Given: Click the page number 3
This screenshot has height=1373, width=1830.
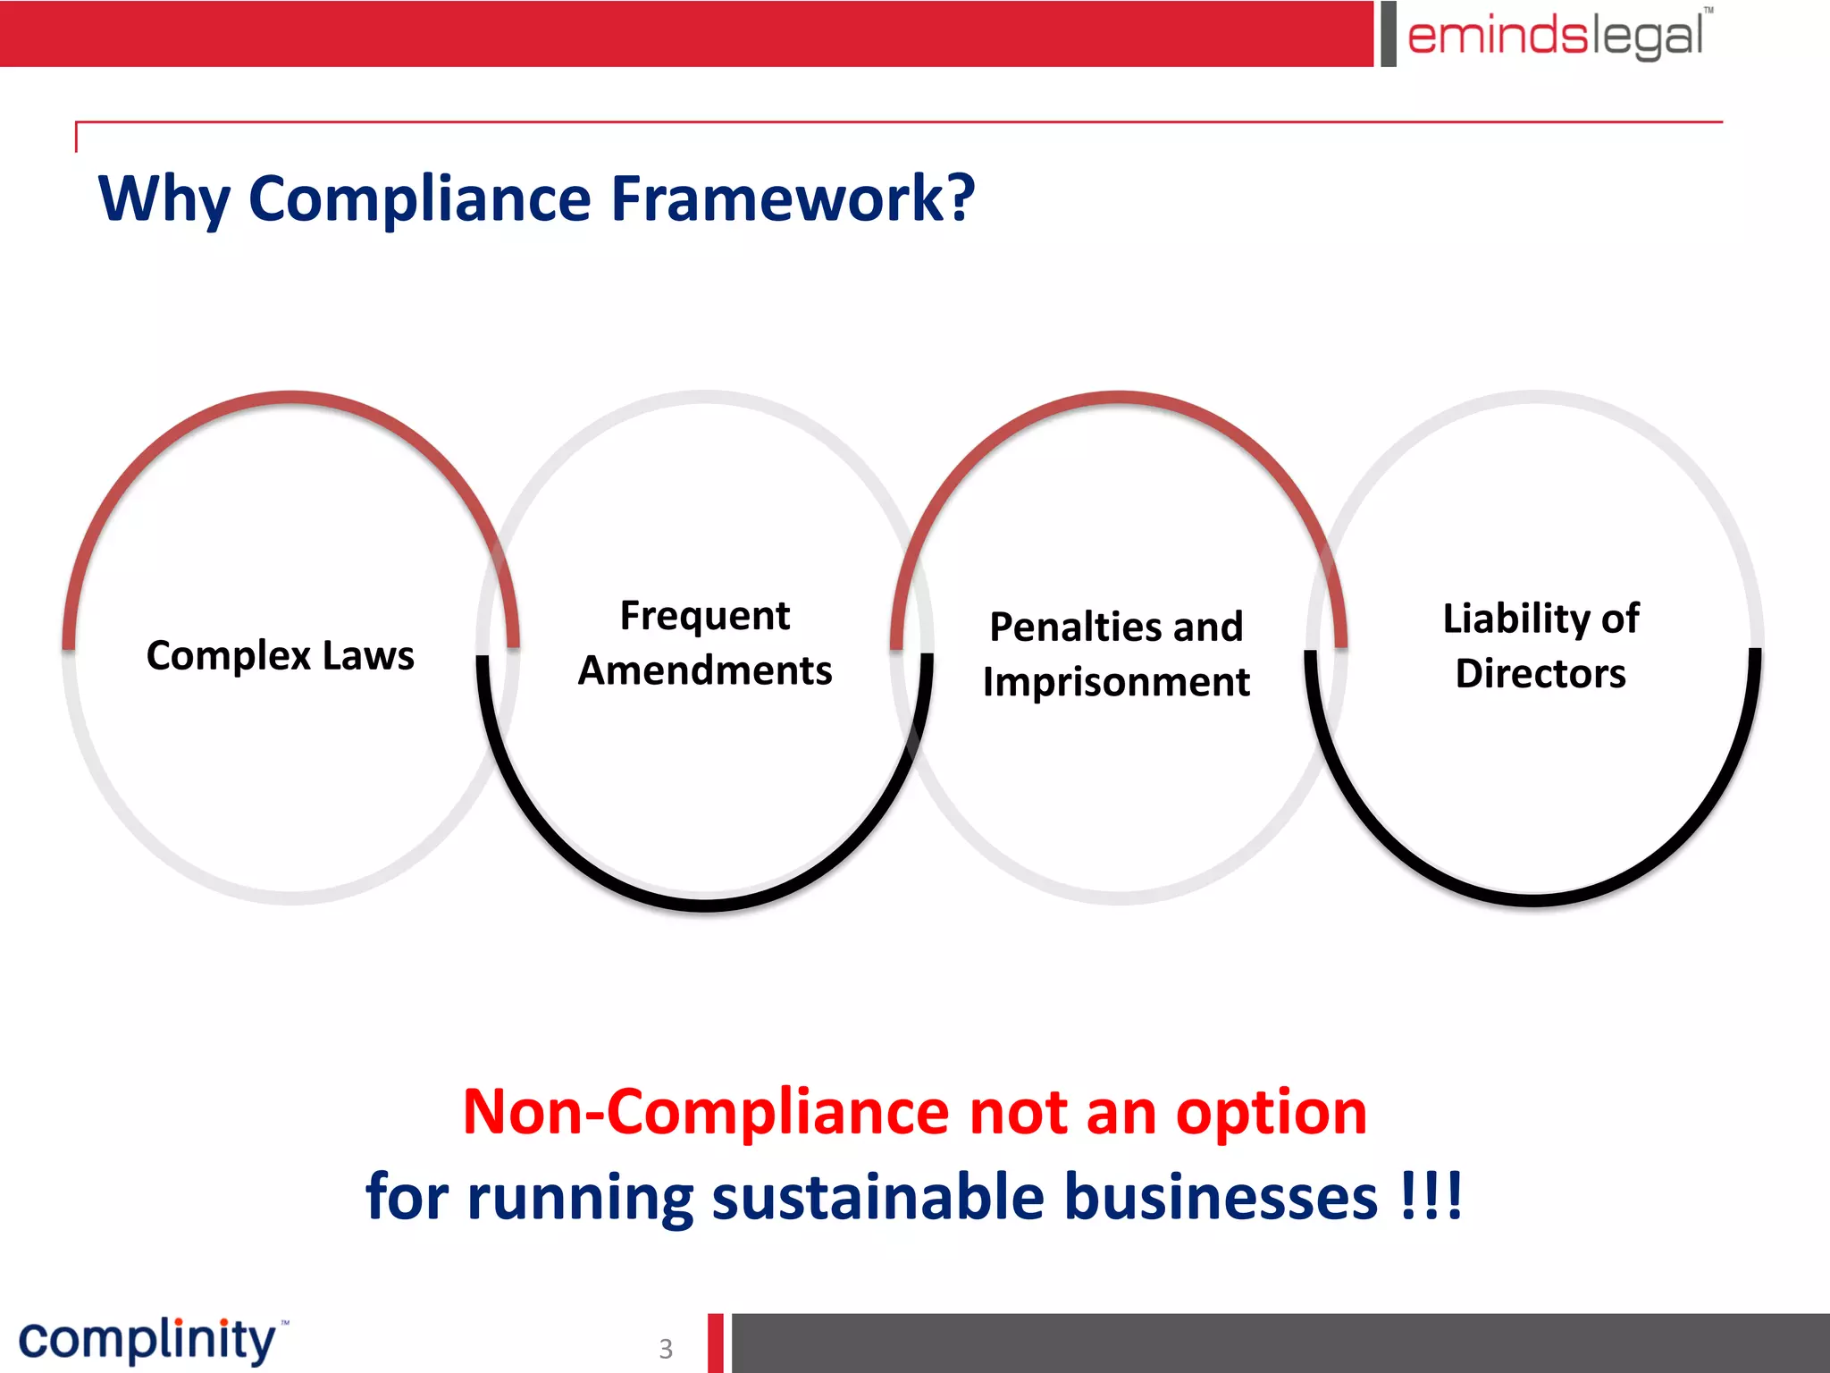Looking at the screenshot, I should tap(666, 1348).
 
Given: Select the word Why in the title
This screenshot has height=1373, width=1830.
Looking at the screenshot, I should tap(164, 198).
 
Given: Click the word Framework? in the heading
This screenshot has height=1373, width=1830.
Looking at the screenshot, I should tap(793, 198).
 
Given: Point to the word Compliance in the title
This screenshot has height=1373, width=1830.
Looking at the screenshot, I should tap(420, 198).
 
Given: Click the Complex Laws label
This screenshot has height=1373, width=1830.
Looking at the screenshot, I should tap(281, 655).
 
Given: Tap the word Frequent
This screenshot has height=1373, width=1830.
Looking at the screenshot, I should tap(705, 616).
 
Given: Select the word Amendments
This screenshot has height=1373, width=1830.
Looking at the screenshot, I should tap(705, 670).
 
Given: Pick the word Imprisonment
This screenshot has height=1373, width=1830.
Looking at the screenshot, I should tap(1116, 682).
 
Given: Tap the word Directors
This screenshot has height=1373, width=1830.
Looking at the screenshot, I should tap(1540, 673).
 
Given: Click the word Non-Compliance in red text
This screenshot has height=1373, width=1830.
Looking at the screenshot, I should tap(707, 1112).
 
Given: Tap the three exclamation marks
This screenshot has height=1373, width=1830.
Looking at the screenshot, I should tap(1431, 1195).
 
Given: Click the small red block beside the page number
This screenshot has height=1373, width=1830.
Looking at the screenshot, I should tap(716, 1343).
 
